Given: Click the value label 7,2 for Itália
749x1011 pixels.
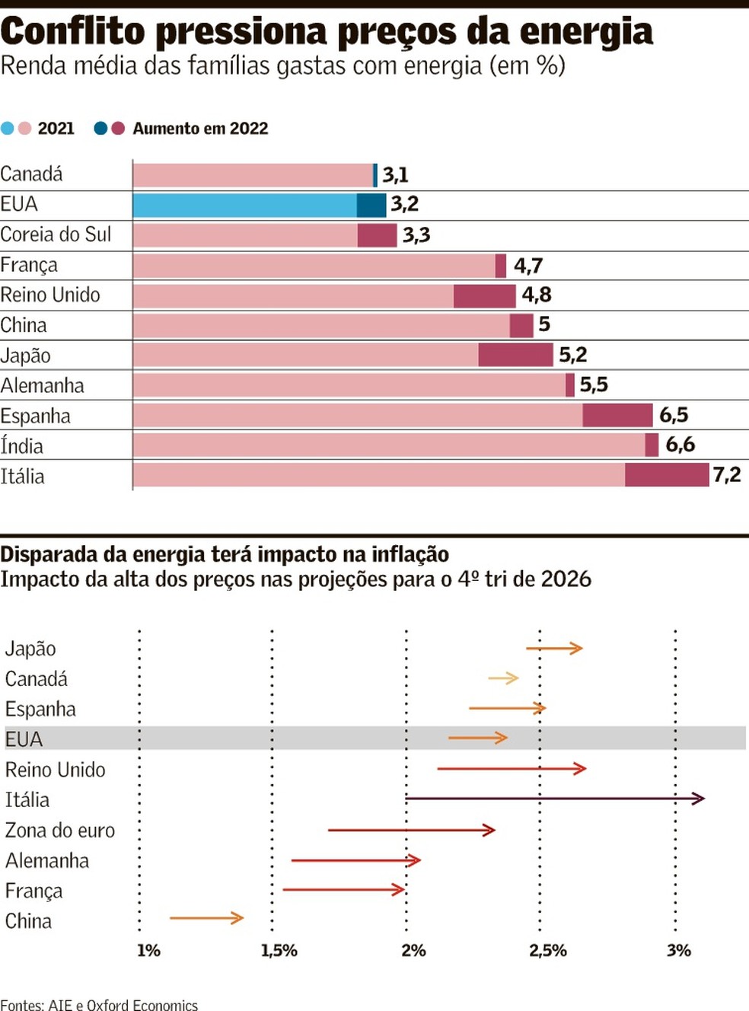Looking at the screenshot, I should click(x=726, y=475).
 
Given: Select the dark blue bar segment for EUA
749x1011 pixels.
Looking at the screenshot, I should click(x=371, y=205).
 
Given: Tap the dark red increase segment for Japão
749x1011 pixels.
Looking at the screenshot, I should click(x=515, y=355).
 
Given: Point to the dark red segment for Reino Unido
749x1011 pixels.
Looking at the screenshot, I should click(x=484, y=295).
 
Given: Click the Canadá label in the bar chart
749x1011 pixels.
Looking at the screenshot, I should click(x=31, y=174).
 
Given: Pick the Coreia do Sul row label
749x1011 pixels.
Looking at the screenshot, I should click(x=56, y=234).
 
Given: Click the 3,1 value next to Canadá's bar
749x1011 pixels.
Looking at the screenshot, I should click(x=395, y=175).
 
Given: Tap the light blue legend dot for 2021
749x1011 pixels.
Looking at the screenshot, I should click(x=8, y=128).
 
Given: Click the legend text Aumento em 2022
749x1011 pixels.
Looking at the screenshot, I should click(x=200, y=129).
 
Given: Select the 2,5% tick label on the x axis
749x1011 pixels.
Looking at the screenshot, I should click(x=548, y=951).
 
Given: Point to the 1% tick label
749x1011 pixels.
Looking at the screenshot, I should click(x=148, y=951).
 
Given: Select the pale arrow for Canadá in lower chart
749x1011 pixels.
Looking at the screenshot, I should click(x=503, y=678).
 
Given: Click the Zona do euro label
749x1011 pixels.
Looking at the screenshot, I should click(x=60, y=831).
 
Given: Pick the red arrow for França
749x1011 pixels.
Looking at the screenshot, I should click(x=343, y=889).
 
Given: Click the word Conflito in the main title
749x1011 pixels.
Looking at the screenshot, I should click(x=72, y=32).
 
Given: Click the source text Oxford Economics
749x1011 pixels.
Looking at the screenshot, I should click(x=142, y=1005).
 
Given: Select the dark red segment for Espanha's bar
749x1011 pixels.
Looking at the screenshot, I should click(x=617, y=415).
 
